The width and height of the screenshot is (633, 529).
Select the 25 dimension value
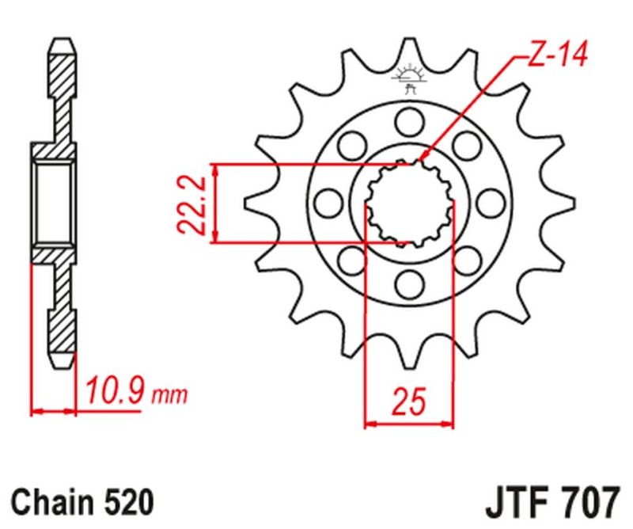coord(409,401)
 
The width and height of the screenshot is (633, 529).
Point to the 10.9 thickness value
coord(112,390)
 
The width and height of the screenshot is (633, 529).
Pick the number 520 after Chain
coord(123,501)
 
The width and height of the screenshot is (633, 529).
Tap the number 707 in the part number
coord(588,502)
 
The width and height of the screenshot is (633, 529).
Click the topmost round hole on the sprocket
coord(409,120)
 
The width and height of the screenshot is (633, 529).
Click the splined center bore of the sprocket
coord(409,202)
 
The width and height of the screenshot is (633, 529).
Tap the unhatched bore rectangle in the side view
coord(55,202)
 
